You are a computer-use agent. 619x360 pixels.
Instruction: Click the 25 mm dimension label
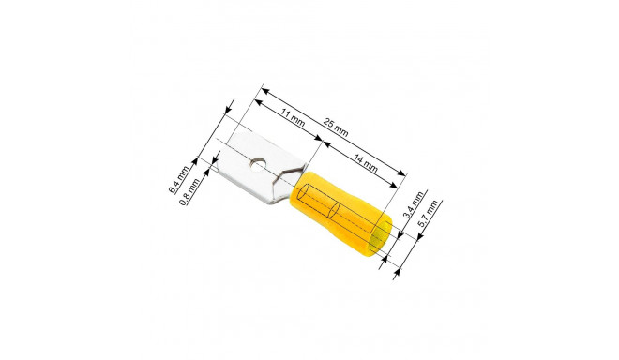336,127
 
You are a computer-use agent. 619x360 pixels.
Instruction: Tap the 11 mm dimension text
293,118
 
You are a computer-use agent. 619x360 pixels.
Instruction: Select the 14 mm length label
365,163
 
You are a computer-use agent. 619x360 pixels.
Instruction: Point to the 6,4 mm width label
179,180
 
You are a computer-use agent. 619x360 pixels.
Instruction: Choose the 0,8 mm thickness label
189,192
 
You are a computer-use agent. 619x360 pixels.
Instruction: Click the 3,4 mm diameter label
415,204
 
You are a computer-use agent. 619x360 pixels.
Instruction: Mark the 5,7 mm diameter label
428,214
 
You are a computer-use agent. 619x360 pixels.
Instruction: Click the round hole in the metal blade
258,164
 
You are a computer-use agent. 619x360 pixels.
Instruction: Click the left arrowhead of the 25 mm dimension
264,92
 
